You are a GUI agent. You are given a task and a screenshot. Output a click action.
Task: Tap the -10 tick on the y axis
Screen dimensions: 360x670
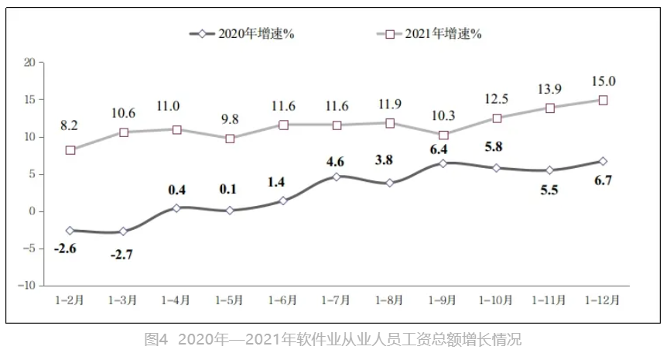28,285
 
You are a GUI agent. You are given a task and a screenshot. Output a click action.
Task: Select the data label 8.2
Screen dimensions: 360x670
70,124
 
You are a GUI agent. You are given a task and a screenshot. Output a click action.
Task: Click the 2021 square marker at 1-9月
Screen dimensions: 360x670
443,135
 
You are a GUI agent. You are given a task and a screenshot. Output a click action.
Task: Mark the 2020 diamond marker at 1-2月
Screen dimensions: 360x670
70,230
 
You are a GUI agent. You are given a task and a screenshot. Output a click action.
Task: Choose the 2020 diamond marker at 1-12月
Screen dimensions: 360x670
603,161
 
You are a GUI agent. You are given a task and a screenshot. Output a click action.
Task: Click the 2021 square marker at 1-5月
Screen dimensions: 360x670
230,139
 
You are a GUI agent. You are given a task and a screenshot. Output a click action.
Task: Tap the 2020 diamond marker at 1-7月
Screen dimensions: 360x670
337,177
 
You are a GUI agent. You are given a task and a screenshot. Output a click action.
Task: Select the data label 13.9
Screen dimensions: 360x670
549,91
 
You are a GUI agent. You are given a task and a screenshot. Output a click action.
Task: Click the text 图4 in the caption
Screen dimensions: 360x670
156,339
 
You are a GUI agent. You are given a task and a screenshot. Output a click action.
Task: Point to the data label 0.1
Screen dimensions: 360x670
230,188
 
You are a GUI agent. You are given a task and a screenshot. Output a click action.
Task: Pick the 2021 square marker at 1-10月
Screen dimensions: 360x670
497,118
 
